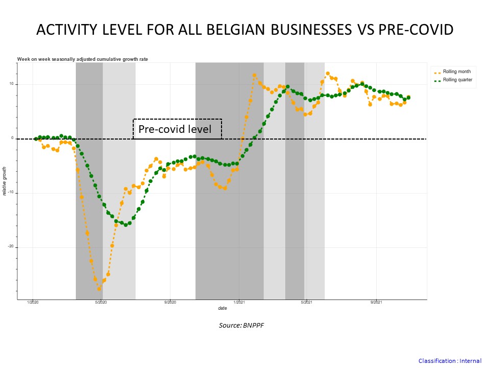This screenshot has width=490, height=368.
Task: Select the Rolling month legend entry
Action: (456, 72)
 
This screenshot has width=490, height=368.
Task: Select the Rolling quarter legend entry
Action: (457, 80)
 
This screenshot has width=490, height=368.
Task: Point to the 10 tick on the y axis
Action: (11, 84)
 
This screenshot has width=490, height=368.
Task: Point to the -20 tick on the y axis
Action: (10, 247)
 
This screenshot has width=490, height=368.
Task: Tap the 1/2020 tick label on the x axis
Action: (33, 303)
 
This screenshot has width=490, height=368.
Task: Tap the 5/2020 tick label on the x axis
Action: (101, 303)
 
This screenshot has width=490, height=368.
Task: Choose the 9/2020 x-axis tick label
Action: (170, 303)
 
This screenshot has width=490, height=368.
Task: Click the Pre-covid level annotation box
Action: (177, 129)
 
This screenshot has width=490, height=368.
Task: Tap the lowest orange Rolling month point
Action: (100, 289)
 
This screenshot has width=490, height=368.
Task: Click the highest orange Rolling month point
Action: (328, 74)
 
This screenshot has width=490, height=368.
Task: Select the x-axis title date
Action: (223, 308)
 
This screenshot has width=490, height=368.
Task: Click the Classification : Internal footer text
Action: (450, 361)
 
